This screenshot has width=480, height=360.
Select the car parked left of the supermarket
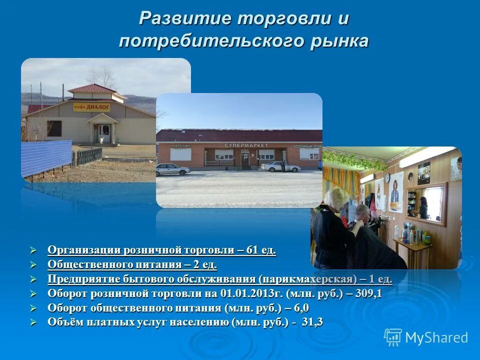172,169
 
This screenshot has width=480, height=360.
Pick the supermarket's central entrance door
245,158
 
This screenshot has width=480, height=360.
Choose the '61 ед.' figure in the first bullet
259,250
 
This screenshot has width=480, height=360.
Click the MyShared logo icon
393,337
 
